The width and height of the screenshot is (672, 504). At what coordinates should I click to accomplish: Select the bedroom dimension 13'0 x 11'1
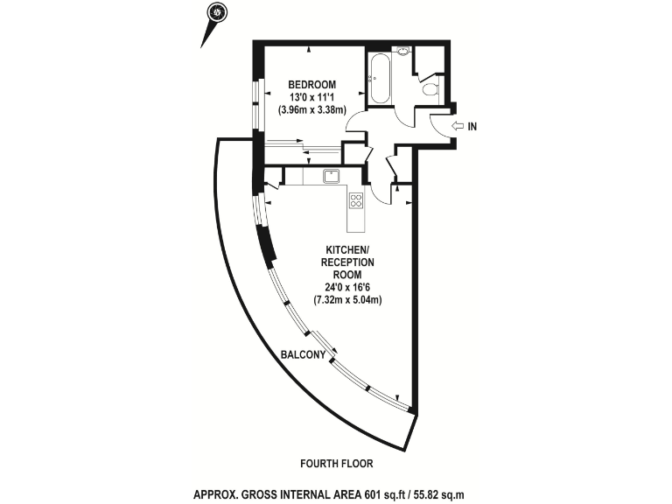point(313,97)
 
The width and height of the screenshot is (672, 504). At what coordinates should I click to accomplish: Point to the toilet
point(430,88)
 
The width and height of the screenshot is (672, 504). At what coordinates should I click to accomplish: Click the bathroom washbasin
point(403,52)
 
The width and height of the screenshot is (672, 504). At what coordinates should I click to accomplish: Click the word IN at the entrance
point(472,127)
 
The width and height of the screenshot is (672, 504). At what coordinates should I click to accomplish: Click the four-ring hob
point(357,200)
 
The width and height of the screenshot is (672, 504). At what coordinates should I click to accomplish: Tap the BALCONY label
point(304,355)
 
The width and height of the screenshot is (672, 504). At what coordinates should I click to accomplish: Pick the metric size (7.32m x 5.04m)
point(347,299)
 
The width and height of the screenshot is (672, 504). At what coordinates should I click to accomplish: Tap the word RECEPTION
point(347,262)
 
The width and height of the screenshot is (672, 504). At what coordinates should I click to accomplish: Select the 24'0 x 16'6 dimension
point(347,287)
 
